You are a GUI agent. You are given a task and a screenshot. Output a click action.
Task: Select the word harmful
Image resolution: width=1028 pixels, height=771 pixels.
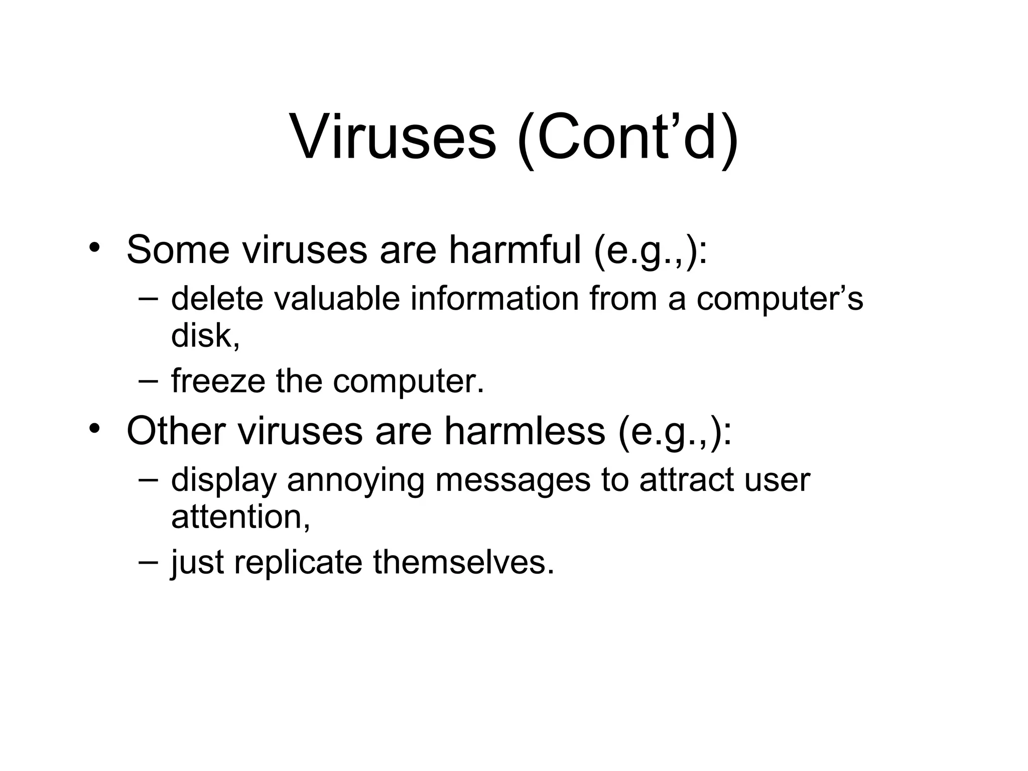coord(515,249)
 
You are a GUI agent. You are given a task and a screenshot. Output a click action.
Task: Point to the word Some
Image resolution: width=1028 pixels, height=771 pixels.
coord(178,249)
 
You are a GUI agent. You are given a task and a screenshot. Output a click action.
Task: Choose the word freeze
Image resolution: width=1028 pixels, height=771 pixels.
coord(218,381)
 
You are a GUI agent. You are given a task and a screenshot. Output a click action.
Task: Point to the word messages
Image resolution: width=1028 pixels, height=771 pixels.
coord(512,480)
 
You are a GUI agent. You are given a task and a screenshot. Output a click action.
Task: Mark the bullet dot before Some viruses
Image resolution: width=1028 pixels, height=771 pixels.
coord(93,248)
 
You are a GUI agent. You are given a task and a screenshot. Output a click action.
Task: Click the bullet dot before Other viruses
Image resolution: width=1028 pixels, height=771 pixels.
coord(93,429)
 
